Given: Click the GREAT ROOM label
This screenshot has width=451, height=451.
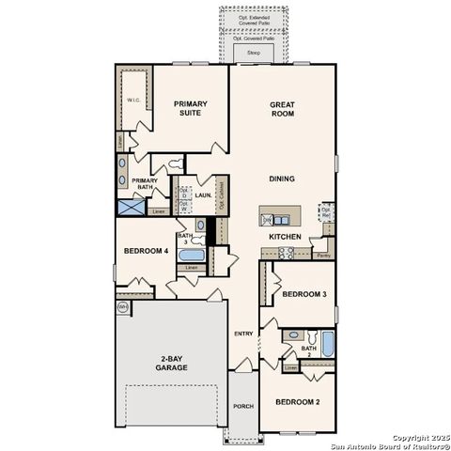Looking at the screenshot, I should pos(283,111).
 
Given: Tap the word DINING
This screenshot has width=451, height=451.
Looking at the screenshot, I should pos(283,179).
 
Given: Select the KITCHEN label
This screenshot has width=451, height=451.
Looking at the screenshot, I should pos(284,237).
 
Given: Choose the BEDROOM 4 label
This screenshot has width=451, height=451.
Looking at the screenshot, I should pos(147,251).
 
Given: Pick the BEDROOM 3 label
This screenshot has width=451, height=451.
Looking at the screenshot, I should pos(304,295).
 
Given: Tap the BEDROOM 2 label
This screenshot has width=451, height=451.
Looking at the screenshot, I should pos(297,402).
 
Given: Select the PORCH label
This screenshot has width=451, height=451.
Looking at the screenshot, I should pos(242,406).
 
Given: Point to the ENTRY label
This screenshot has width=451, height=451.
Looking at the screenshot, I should pos(243,334).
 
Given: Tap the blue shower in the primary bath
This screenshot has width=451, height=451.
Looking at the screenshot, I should pos(130,209).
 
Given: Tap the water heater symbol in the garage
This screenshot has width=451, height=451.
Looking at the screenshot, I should pos(122,307).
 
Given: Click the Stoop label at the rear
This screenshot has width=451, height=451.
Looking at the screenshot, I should pos(253,54).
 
